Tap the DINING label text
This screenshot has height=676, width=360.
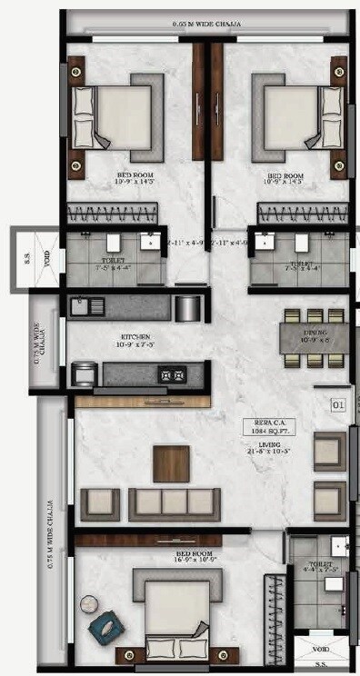tap(315, 333)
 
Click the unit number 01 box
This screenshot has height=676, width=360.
tap(338, 402)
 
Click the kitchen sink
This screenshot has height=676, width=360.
tap(79, 306)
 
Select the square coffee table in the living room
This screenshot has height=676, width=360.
tap(171, 462)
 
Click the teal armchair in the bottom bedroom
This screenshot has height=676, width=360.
tap(103, 624)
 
